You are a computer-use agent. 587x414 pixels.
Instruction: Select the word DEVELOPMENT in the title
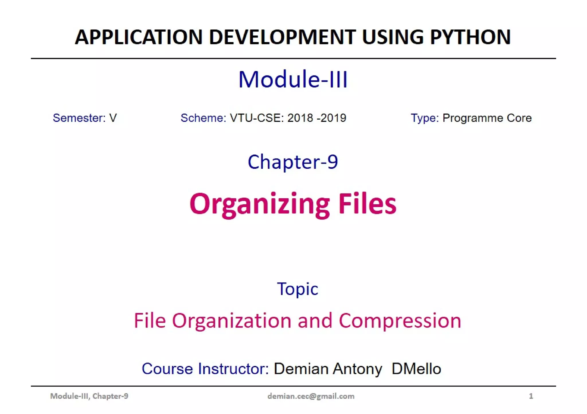click(282, 37)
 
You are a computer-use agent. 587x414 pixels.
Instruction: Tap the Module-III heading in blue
click(293, 79)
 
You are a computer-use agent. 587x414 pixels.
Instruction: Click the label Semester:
click(79, 118)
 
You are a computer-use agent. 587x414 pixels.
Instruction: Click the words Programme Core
click(487, 118)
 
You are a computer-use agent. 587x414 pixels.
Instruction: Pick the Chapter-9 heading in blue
click(293, 162)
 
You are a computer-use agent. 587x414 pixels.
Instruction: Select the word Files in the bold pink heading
click(367, 204)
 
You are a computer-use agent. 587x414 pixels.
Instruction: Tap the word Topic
click(298, 289)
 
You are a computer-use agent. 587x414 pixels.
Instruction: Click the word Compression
click(400, 320)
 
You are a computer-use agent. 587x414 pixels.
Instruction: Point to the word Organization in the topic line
click(232, 320)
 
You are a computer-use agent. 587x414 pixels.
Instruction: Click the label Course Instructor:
click(205, 369)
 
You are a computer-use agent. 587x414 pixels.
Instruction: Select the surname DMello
click(416, 369)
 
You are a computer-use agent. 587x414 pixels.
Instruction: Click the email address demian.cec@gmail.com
click(311, 396)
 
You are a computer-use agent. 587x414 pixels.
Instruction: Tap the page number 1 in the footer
click(531, 396)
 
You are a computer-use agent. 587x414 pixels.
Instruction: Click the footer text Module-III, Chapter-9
click(89, 396)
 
